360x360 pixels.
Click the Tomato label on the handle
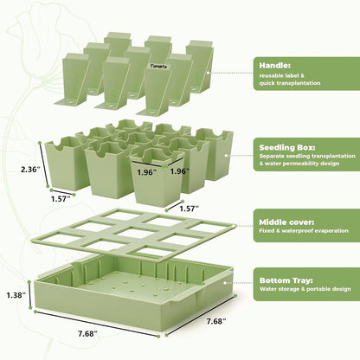pyautogui.click(x=158, y=67)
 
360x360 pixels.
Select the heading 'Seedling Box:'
pyautogui.click(x=287, y=147)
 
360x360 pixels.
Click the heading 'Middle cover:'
pyautogui.click(x=286, y=222)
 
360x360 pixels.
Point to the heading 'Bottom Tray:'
pyautogui.click(x=286, y=280)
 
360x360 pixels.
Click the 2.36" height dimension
pyautogui.click(x=29, y=170)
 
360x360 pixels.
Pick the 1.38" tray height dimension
pyautogui.click(x=16, y=295)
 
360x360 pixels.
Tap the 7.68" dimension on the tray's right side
pyautogui.click(x=216, y=321)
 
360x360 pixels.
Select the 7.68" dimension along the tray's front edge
pyautogui.click(x=87, y=334)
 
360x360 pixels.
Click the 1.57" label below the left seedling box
pyautogui.click(x=61, y=199)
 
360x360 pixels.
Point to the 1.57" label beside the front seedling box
pyautogui.click(x=190, y=209)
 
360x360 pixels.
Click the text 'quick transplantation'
pyautogui.click(x=290, y=83)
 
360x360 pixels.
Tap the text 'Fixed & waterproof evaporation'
pyautogui.click(x=304, y=231)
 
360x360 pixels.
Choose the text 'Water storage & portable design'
pyautogui.click(x=305, y=289)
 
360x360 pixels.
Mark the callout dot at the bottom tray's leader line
pyautogui.click(x=225, y=283)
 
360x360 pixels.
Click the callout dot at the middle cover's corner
pyautogui.click(x=235, y=226)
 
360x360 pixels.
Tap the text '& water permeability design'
pyautogui.click(x=299, y=164)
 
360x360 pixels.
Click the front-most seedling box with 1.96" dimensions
pyautogui.click(x=157, y=177)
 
